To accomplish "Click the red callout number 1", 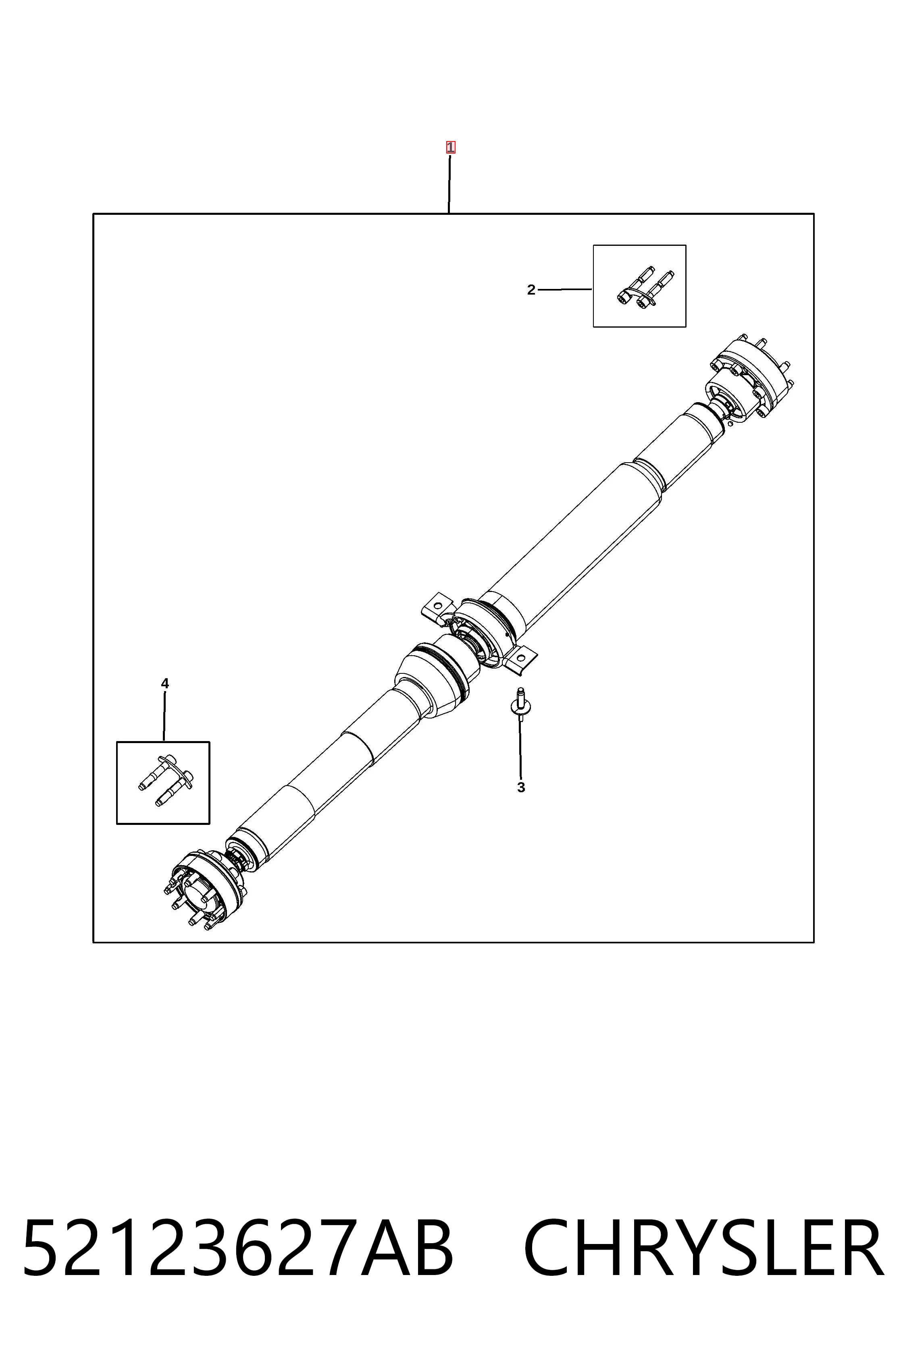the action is click(450, 147).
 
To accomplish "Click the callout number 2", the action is click(531, 290).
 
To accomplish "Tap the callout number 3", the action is click(521, 787).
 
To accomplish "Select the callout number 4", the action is click(165, 684).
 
